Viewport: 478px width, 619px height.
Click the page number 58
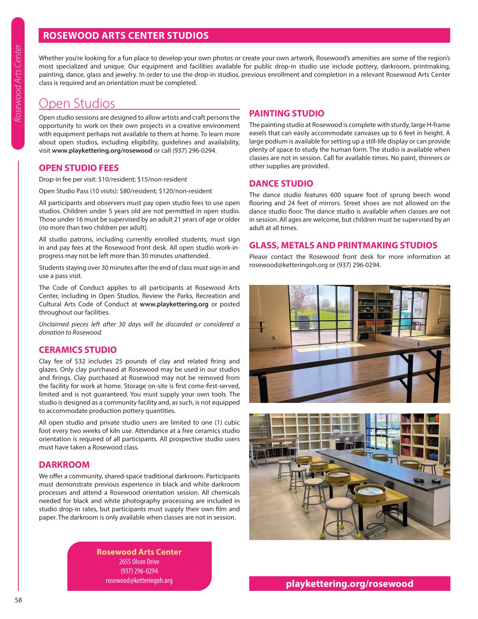click(x=18, y=600)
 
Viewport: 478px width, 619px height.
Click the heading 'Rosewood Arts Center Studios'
click(x=126, y=36)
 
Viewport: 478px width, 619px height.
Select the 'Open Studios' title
click(x=77, y=103)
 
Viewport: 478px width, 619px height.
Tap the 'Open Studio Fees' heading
click(x=78, y=168)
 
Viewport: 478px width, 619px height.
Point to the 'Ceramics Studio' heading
click(x=78, y=350)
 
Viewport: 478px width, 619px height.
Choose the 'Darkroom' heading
click(x=64, y=465)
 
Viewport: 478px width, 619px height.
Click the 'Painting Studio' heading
click(x=287, y=113)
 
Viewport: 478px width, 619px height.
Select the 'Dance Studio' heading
click(x=281, y=183)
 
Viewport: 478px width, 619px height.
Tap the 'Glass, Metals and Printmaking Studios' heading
click(x=343, y=245)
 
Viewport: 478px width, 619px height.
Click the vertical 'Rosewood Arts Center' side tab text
click(x=18, y=83)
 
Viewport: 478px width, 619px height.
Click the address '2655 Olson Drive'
click(x=139, y=562)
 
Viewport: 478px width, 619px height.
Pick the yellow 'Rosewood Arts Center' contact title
click(x=139, y=552)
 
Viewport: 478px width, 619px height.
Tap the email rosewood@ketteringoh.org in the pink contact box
click(x=139, y=580)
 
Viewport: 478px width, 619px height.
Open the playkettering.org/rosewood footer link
click(x=349, y=583)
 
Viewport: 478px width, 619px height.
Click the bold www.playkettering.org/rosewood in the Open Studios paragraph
click(x=102, y=150)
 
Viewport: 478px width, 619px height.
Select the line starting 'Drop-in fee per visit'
click(x=113, y=179)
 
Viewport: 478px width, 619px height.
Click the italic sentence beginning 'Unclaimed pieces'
click(x=139, y=328)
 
